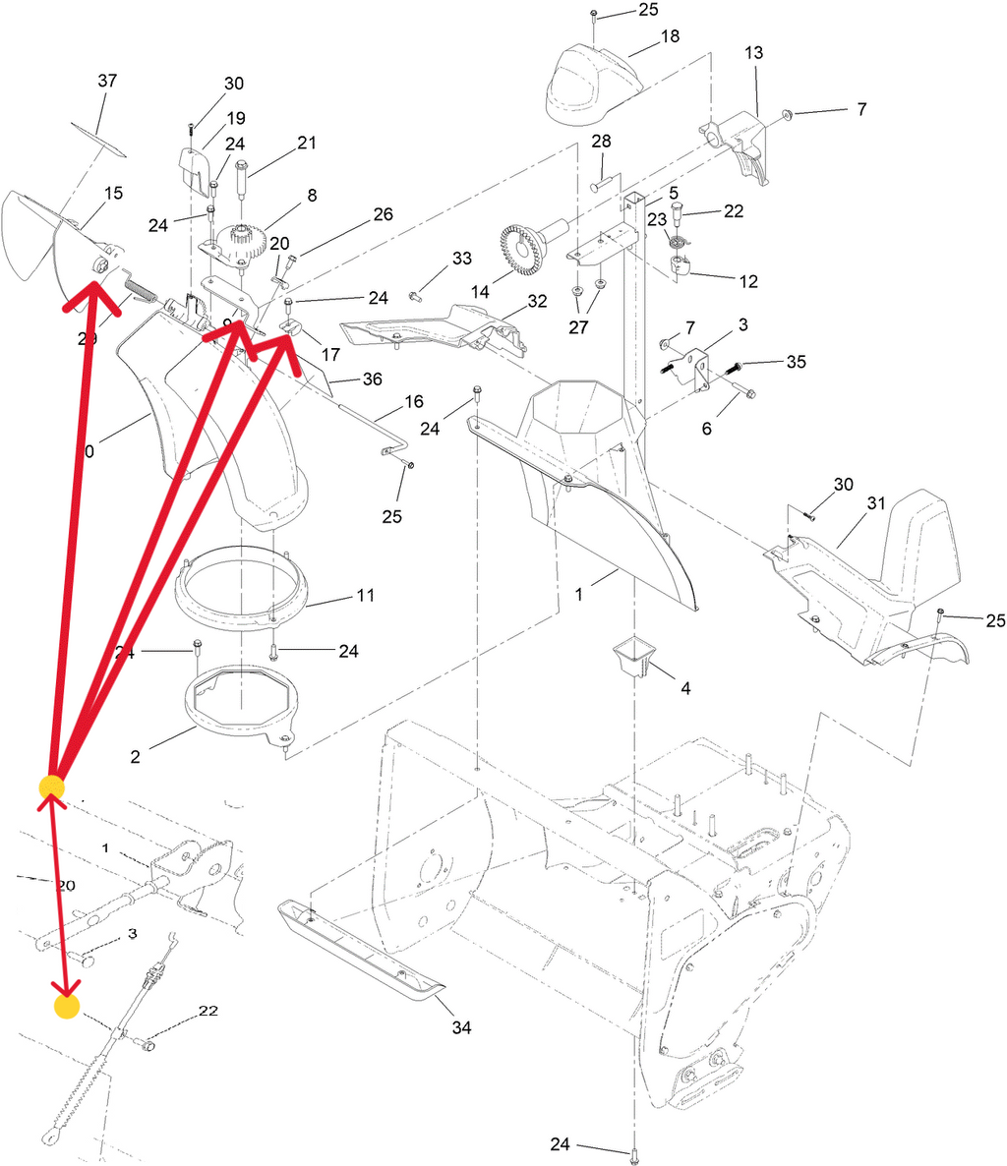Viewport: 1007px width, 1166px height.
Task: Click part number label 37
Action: click(106, 81)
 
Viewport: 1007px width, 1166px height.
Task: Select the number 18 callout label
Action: click(670, 36)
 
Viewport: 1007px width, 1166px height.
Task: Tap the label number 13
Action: click(753, 52)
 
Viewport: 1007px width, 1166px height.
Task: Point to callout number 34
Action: click(461, 1027)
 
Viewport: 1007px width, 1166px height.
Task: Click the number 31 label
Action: click(876, 502)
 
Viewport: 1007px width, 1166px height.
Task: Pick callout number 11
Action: click(366, 595)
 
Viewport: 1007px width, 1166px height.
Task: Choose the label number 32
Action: click(537, 301)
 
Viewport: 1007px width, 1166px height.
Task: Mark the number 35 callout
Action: click(796, 362)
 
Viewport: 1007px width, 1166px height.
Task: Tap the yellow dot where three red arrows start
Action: click(51, 787)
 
